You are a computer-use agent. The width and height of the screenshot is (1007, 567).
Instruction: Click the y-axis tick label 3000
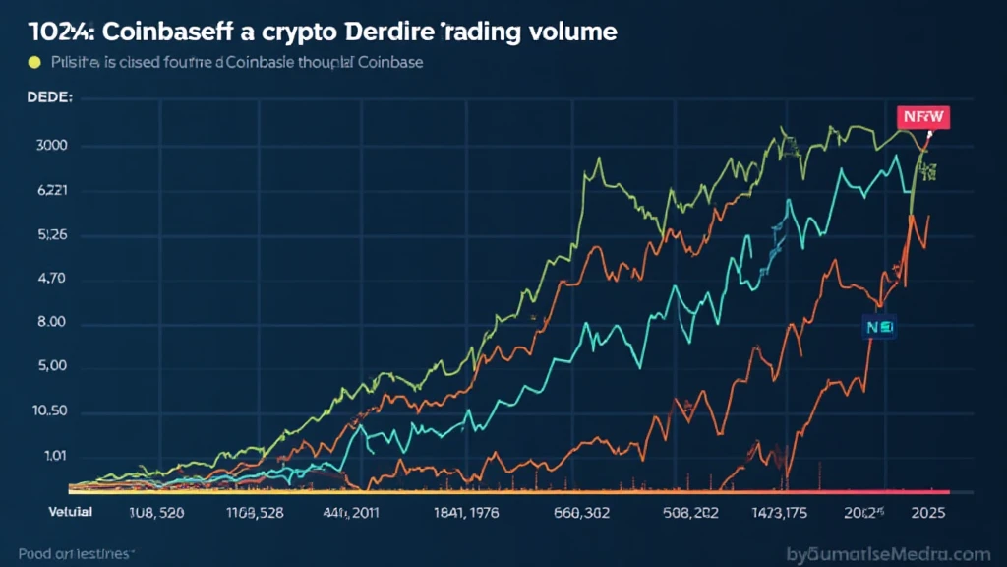pyautogui.click(x=51, y=147)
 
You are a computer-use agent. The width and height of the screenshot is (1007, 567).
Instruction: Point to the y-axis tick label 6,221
pyautogui.click(x=51, y=191)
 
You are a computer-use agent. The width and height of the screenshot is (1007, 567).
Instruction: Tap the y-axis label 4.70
pyautogui.click(x=51, y=280)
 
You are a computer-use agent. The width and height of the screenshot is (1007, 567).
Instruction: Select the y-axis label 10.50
pyautogui.click(x=50, y=411)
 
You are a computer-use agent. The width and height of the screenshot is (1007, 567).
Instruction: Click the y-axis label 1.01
pyautogui.click(x=52, y=455)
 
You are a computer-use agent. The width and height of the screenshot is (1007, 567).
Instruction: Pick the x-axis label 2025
pyautogui.click(x=930, y=513)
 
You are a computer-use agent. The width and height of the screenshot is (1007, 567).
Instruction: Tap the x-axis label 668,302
pyautogui.click(x=582, y=513)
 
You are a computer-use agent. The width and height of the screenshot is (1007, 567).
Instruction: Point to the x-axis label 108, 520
pyautogui.click(x=158, y=513)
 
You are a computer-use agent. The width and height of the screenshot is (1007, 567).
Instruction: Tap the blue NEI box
pyautogui.click(x=877, y=328)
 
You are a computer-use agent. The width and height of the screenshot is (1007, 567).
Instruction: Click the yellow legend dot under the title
pyautogui.click(x=34, y=63)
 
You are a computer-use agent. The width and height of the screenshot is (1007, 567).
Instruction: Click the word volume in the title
pyautogui.click(x=566, y=31)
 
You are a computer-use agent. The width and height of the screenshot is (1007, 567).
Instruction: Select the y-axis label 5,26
pyautogui.click(x=51, y=235)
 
